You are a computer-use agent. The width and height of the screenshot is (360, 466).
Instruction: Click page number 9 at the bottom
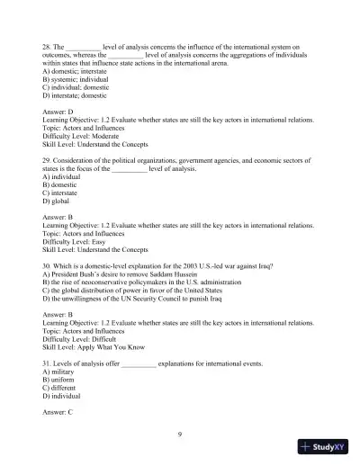(180, 435)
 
